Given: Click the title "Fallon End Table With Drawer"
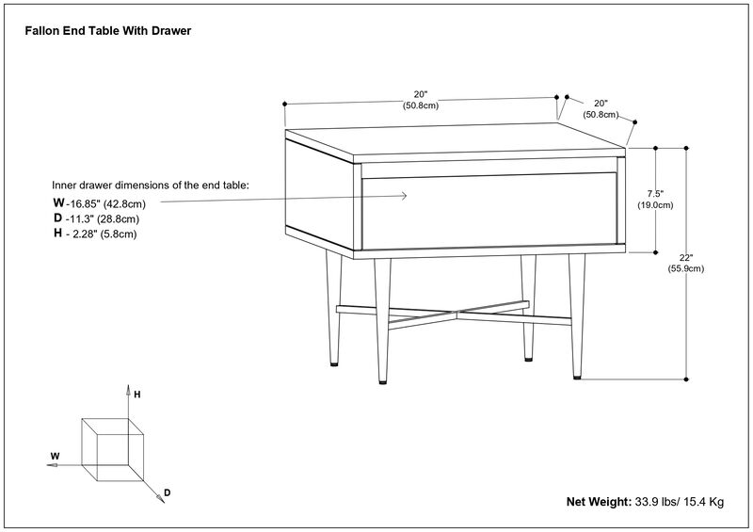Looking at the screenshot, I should [107, 31].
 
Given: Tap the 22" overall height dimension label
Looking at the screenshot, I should [686, 258].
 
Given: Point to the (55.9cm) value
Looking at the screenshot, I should [686, 269].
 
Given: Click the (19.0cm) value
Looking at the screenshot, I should [655, 204].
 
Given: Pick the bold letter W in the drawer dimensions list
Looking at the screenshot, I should [58, 203].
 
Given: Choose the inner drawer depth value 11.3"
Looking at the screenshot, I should [81, 218].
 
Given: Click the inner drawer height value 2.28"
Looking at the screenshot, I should [83, 234].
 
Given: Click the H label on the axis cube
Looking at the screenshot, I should [137, 395].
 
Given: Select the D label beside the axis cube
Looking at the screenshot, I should [167, 492].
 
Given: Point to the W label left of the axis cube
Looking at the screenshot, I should [55, 456].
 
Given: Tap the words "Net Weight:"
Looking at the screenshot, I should [599, 503].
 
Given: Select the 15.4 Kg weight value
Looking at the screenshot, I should [702, 503].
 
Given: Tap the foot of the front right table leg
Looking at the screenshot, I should [577, 377].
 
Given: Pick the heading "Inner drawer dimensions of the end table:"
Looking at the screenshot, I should [151, 185].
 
